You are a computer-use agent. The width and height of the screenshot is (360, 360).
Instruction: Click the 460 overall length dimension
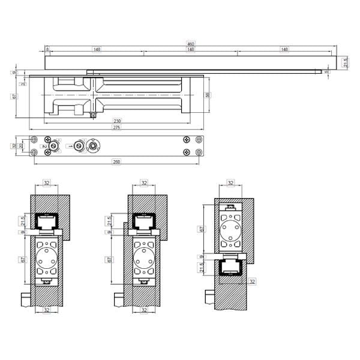point(190,44)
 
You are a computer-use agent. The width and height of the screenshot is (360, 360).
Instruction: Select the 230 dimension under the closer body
point(117,121)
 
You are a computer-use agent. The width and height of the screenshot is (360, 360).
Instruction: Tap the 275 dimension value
point(117,127)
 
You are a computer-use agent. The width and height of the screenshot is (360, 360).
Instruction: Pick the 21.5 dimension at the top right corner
point(344,62)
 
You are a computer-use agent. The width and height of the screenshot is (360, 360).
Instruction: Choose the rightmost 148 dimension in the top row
point(284,50)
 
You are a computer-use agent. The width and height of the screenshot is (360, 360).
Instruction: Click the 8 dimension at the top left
point(48,50)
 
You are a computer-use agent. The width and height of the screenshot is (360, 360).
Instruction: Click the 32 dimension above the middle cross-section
point(144,182)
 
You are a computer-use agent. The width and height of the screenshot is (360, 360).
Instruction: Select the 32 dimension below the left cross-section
point(47,310)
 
